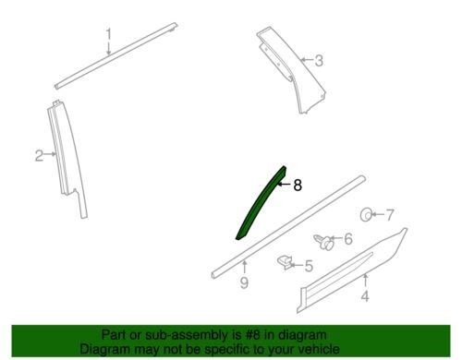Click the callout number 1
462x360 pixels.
(x=108, y=34)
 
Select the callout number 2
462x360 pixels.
(x=39, y=156)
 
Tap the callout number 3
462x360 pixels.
(x=319, y=61)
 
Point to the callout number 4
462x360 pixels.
(x=365, y=296)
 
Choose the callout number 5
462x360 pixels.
(x=309, y=266)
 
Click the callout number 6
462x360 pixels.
(x=348, y=239)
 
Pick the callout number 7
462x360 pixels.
(x=390, y=215)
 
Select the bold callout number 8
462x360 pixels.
(x=298, y=186)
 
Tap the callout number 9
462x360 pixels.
(x=244, y=282)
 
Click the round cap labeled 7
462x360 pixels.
(x=366, y=214)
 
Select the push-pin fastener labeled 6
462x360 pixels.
(x=323, y=242)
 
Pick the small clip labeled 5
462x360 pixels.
(x=285, y=262)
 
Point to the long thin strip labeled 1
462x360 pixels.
(x=115, y=56)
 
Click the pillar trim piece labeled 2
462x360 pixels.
(x=68, y=160)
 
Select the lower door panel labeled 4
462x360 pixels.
(x=351, y=270)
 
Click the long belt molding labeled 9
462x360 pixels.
(x=288, y=227)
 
